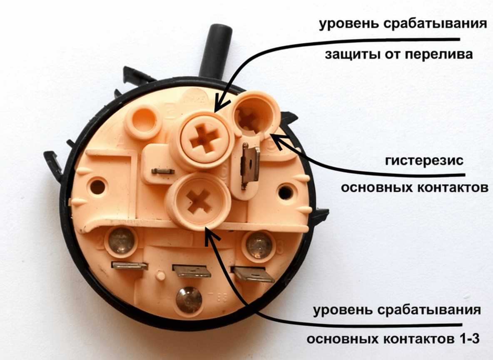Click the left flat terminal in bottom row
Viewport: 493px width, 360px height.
129,266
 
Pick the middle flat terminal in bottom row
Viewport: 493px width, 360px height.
191,271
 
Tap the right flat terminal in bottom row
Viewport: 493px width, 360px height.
253,275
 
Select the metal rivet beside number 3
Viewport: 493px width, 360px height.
259,245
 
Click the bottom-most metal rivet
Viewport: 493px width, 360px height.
189,300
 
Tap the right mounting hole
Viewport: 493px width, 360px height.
286,192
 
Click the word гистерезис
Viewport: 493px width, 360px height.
424,161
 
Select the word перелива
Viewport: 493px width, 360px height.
438,55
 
